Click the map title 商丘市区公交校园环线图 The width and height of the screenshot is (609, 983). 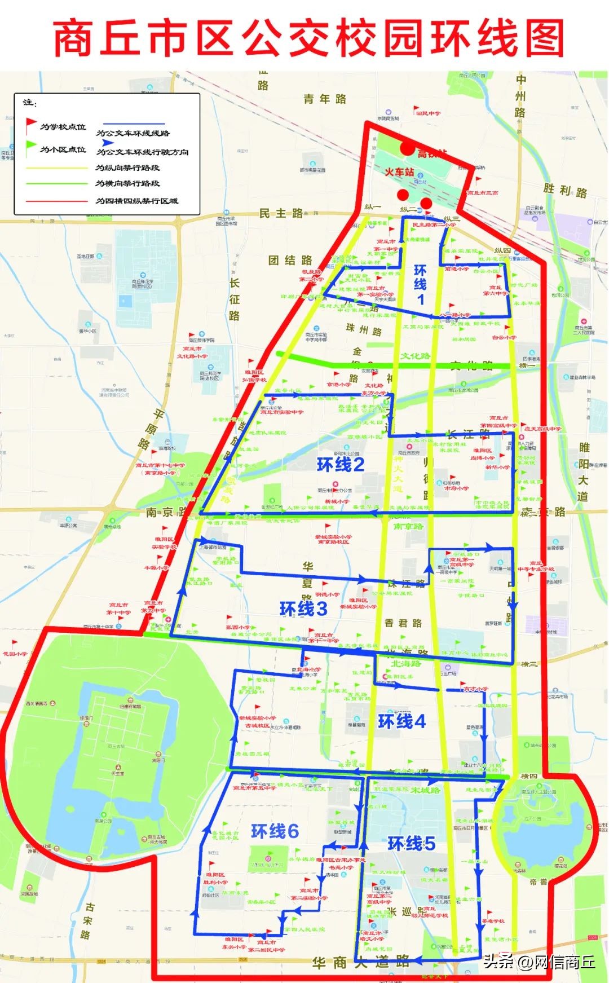tap(308, 38)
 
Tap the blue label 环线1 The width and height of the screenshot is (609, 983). tap(420, 284)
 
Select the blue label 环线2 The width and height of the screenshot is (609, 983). tap(341, 465)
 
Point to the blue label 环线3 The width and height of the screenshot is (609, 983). tap(303, 609)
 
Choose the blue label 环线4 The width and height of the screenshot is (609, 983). tap(401, 721)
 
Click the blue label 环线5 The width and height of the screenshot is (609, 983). tap(411, 844)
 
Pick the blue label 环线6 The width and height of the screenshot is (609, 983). tap(275, 831)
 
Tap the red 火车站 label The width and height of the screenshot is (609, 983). tap(399, 172)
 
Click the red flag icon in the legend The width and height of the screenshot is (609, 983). tap(30, 125)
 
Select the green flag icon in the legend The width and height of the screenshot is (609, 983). tap(30, 148)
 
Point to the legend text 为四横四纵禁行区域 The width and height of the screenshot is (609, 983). tap(137, 201)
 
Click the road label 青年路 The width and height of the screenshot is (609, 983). tap(325, 99)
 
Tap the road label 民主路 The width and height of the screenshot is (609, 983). tap(281, 213)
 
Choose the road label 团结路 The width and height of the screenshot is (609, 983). tap(290, 260)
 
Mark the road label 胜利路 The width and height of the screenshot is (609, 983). tap(565, 191)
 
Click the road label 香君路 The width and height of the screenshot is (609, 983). tap(403, 623)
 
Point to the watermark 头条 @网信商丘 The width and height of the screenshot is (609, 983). tap(539, 962)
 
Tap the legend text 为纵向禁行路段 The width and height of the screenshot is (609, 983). tap(127, 168)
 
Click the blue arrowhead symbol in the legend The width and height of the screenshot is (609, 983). tap(108, 143)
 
